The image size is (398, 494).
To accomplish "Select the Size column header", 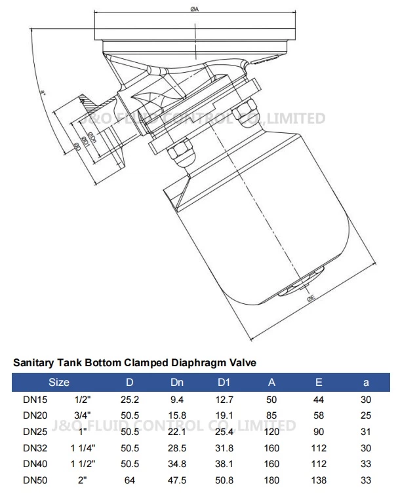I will pos(59,382).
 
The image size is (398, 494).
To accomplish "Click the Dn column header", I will pos(178,382).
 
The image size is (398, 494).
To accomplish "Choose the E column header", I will pos(319,382).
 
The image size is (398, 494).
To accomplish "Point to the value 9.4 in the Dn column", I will pos(178,399).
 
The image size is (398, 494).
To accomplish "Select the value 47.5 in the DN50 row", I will pos(178,481).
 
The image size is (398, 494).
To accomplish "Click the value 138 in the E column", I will pos(319,481).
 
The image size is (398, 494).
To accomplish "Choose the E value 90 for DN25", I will pos(319,432).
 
